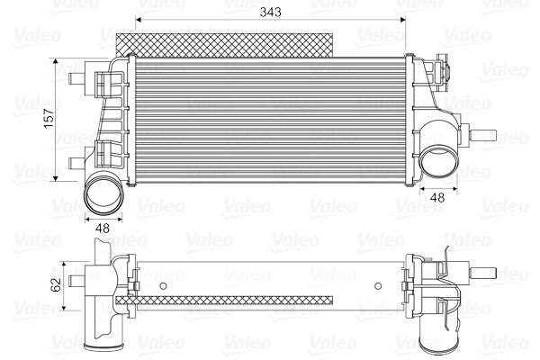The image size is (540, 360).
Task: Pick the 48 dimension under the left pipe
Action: [x=102, y=229]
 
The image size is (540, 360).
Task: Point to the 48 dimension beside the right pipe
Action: [x=438, y=196]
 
